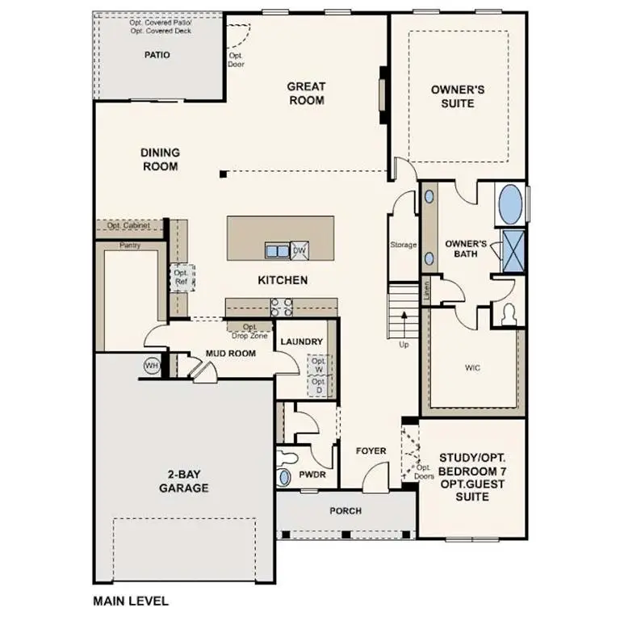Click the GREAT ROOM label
click(306, 94)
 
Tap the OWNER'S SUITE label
click(458, 97)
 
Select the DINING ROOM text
click(160, 159)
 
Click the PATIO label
click(157, 56)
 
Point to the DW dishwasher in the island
click(299, 251)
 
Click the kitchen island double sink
click(277, 251)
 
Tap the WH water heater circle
click(151, 366)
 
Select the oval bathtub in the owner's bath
click(510, 205)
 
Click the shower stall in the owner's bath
click(512, 249)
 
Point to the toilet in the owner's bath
click(509, 314)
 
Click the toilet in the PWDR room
click(283, 476)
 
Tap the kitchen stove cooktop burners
click(281, 307)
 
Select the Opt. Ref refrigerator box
click(180, 277)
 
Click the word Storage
click(403, 245)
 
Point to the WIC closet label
click(473, 367)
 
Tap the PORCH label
click(346, 511)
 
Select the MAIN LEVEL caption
click(131, 601)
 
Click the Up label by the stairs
click(404, 345)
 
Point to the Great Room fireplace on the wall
click(383, 94)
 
